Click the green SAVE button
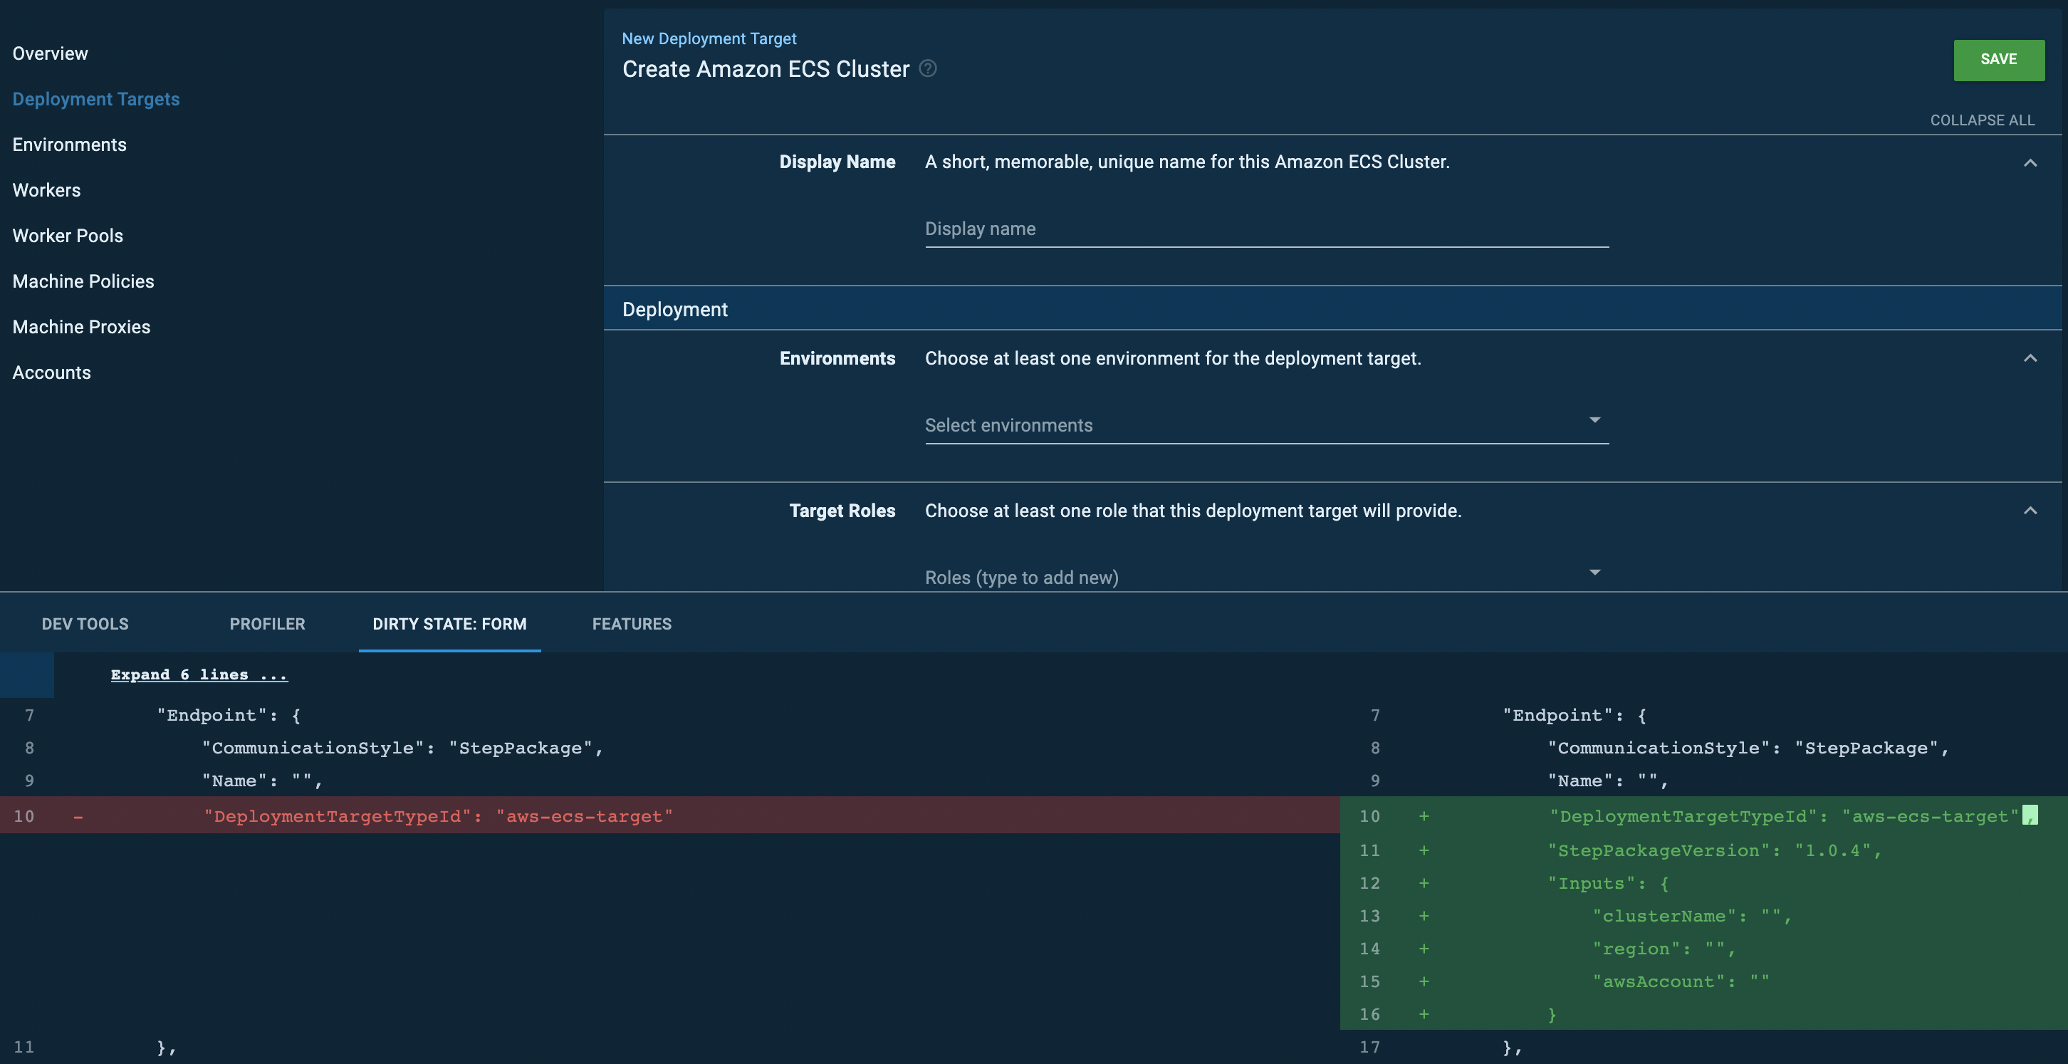click(1998, 59)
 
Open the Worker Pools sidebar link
click(68, 235)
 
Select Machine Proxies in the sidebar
click(81, 327)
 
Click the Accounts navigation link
click(51, 372)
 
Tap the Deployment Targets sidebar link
click(95, 99)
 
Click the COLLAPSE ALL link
click(1981, 120)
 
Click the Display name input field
click(1265, 229)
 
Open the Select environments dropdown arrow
click(1594, 421)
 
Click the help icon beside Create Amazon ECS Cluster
click(927, 68)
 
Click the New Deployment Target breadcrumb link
click(708, 38)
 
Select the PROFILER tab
click(266, 624)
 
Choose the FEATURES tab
click(631, 624)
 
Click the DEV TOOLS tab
click(84, 624)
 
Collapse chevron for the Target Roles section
click(2030, 511)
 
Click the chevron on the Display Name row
click(2030, 163)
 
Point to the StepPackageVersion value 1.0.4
click(1833, 850)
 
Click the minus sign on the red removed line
click(78, 817)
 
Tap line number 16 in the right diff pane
click(1369, 1014)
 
